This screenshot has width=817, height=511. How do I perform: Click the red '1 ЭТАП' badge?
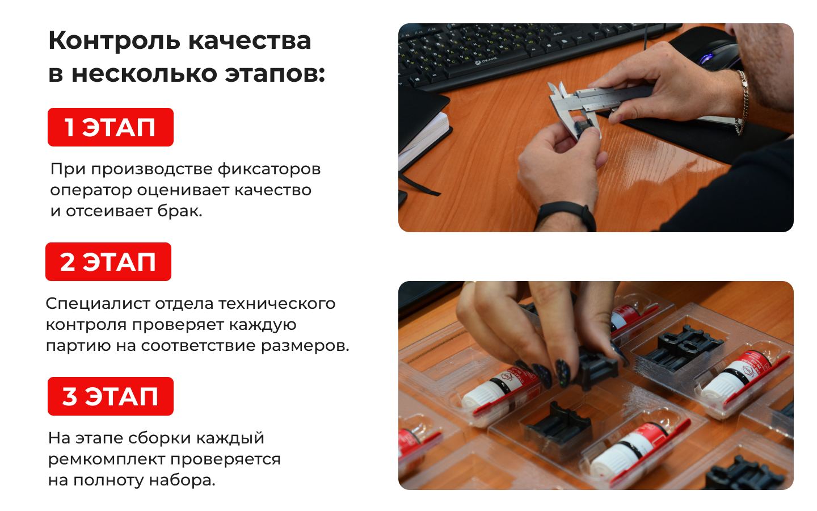pyautogui.click(x=111, y=127)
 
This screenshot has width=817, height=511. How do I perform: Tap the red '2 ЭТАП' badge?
pyautogui.click(x=108, y=262)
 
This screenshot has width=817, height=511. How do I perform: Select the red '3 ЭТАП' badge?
pyautogui.click(x=111, y=396)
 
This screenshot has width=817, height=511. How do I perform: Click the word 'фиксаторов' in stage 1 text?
pyautogui.click(x=269, y=170)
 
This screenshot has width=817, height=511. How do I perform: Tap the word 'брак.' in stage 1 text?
pyautogui.click(x=179, y=211)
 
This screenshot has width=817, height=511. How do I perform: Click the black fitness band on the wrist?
pyautogui.click(x=567, y=215)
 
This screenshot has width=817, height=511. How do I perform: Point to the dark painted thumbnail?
pyautogui.click(x=563, y=372)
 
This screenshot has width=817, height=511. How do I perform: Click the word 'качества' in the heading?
pyautogui.click(x=250, y=41)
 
